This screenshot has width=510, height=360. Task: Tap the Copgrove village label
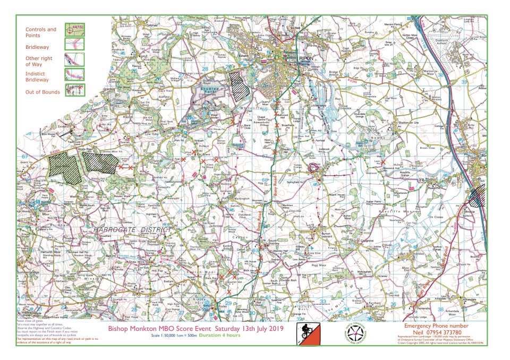pos(366,241)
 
